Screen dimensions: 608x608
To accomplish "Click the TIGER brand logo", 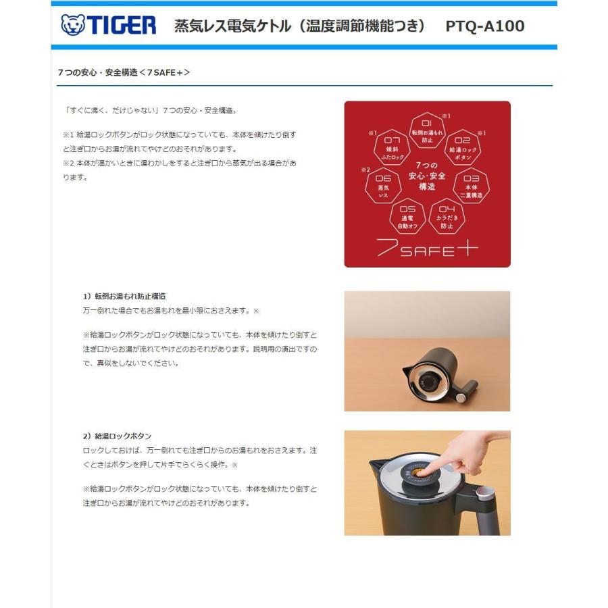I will pyautogui.click(x=108, y=26).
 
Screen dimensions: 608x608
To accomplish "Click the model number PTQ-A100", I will pyautogui.click(x=484, y=26).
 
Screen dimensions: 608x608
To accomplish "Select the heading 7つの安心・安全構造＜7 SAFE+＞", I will pyautogui.click(x=124, y=72).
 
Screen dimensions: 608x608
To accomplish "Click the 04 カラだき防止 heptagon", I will pyautogui.click(x=447, y=217).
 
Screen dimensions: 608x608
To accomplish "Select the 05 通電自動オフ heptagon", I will pyautogui.click(x=407, y=217).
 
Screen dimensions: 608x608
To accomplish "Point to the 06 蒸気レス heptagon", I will pyautogui.click(x=383, y=184).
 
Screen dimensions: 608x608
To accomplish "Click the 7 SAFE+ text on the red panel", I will pyautogui.click(x=427, y=249).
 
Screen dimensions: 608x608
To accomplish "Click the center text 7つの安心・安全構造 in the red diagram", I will pyautogui.click(x=427, y=176).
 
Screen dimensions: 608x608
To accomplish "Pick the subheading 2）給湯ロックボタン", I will pyautogui.click(x=118, y=436).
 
